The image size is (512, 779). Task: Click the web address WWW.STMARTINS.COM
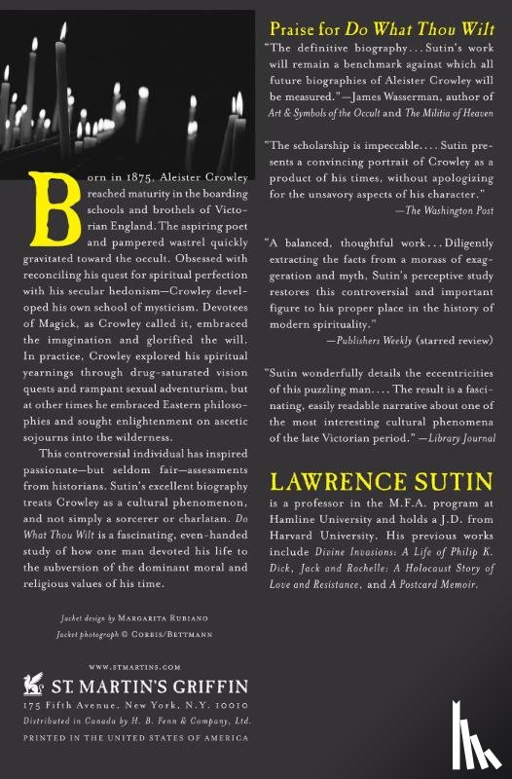click(x=121, y=667)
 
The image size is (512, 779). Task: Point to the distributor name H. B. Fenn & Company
click(x=175, y=720)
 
